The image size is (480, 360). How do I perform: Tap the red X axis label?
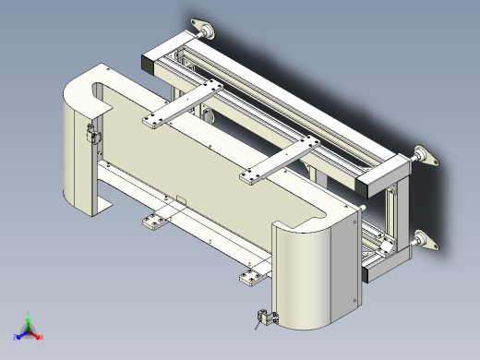[42, 338]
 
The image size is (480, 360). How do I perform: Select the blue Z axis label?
[16, 338]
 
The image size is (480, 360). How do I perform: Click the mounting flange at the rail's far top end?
[202, 30]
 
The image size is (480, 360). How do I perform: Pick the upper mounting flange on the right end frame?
[425, 156]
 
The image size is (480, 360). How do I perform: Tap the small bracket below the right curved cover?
[265, 318]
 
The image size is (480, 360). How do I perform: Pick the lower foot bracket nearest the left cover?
[153, 222]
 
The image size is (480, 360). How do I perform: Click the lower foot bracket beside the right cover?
[252, 276]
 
